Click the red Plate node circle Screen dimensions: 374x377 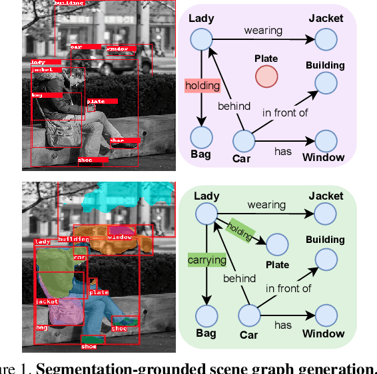[x=266, y=77]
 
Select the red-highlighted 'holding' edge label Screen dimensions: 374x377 [x=202, y=85]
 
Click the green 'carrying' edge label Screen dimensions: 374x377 [x=206, y=260]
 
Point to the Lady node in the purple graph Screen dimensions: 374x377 [x=200, y=40]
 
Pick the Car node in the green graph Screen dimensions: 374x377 [x=248, y=315]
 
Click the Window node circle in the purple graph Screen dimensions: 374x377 [x=326, y=140]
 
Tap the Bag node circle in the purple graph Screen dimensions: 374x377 [x=200, y=138]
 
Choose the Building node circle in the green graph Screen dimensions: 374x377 [x=326, y=258]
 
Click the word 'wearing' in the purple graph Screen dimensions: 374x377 [x=262, y=30]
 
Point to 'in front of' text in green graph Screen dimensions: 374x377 [x=288, y=288]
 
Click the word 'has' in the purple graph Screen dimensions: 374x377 [x=283, y=151]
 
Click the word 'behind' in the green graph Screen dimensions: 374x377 [x=238, y=278]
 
